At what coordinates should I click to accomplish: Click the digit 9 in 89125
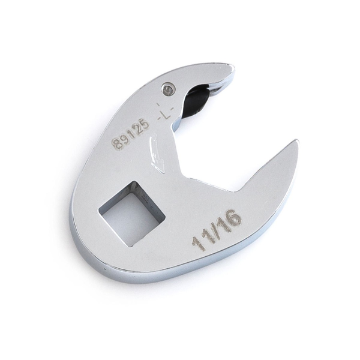[x=122, y=141]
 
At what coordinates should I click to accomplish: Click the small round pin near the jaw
[x=167, y=89]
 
